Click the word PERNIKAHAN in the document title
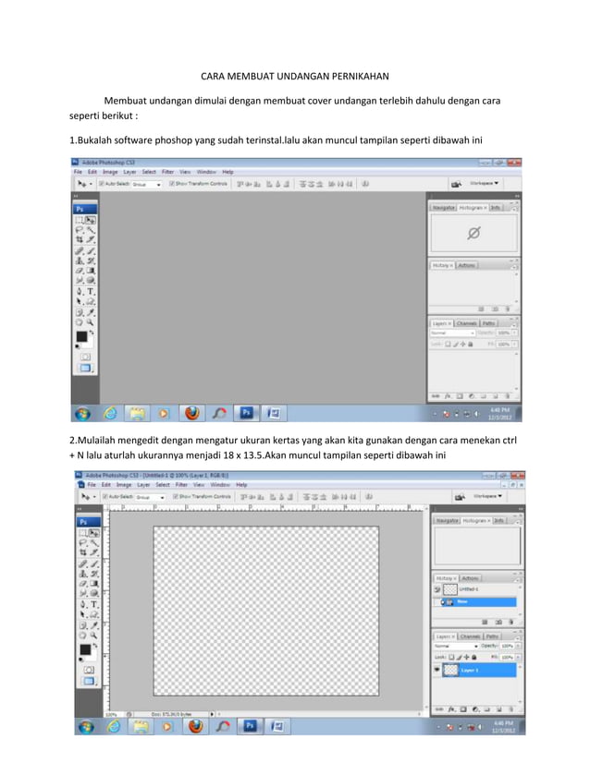[x=354, y=77]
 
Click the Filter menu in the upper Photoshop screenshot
[x=168, y=172]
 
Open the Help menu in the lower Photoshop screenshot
[x=241, y=484]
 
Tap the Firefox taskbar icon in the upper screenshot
[x=192, y=413]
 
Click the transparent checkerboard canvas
[x=266, y=610]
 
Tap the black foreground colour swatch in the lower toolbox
[x=84, y=650]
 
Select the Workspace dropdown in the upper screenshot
[x=484, y=184]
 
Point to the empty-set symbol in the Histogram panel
[x=473, y=234]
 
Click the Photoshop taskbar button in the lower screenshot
[x=249, y=726]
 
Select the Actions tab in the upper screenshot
[x=467, y=265]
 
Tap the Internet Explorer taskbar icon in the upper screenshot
[x=110, y=413]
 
